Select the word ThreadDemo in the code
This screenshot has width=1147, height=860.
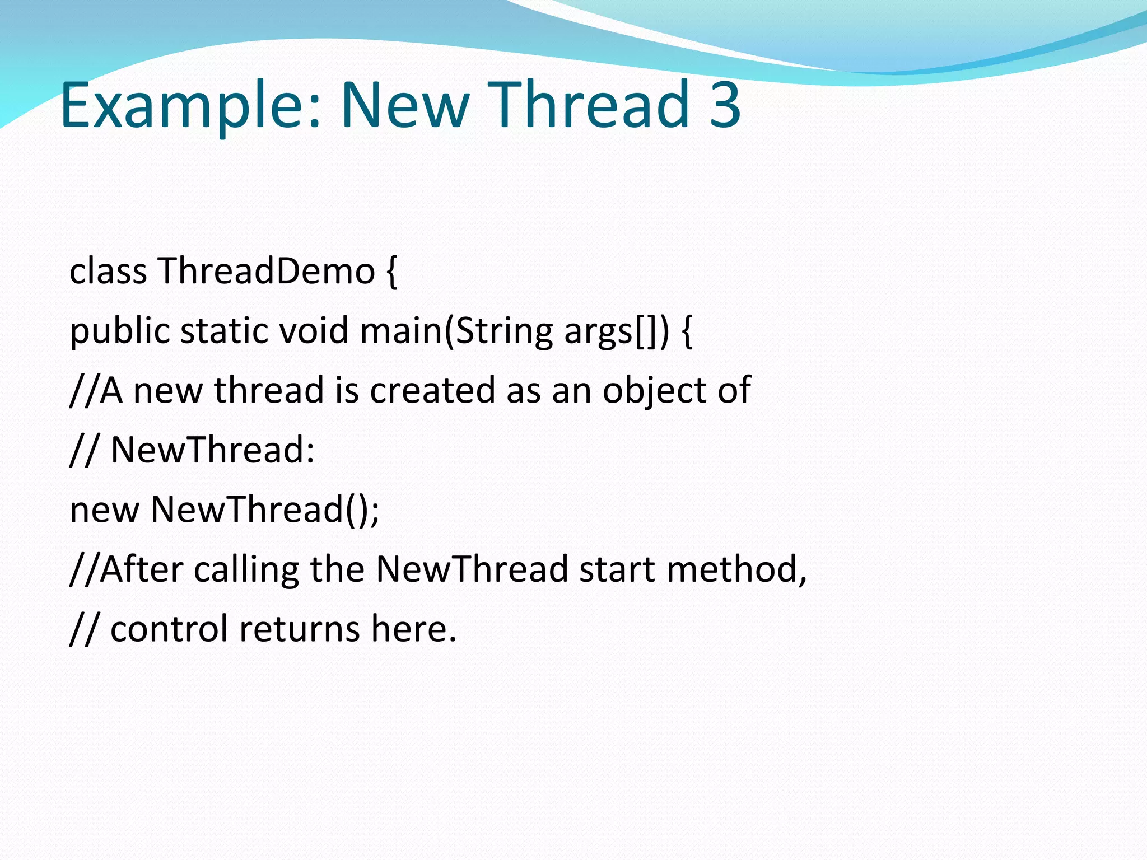[267, 271]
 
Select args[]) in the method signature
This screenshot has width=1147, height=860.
[616, 331]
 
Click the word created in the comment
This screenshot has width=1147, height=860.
[432, 390]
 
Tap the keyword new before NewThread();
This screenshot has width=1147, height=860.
[104, 510]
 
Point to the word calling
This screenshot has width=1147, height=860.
[246, 570]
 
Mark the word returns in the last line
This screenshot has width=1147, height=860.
[299, 629]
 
